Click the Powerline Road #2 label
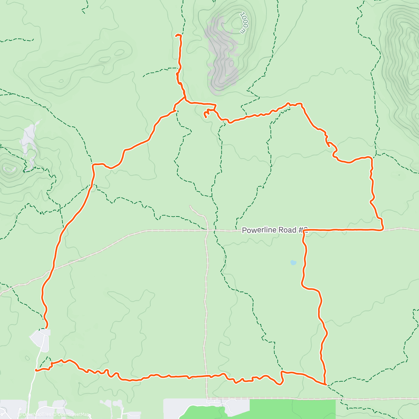274,230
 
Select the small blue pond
293,262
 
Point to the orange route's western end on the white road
36,370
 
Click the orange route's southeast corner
325,384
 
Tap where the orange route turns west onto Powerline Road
382,229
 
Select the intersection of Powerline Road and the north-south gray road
207,230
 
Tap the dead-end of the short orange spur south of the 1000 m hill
205,117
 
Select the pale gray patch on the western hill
29,140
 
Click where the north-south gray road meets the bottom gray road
207,398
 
